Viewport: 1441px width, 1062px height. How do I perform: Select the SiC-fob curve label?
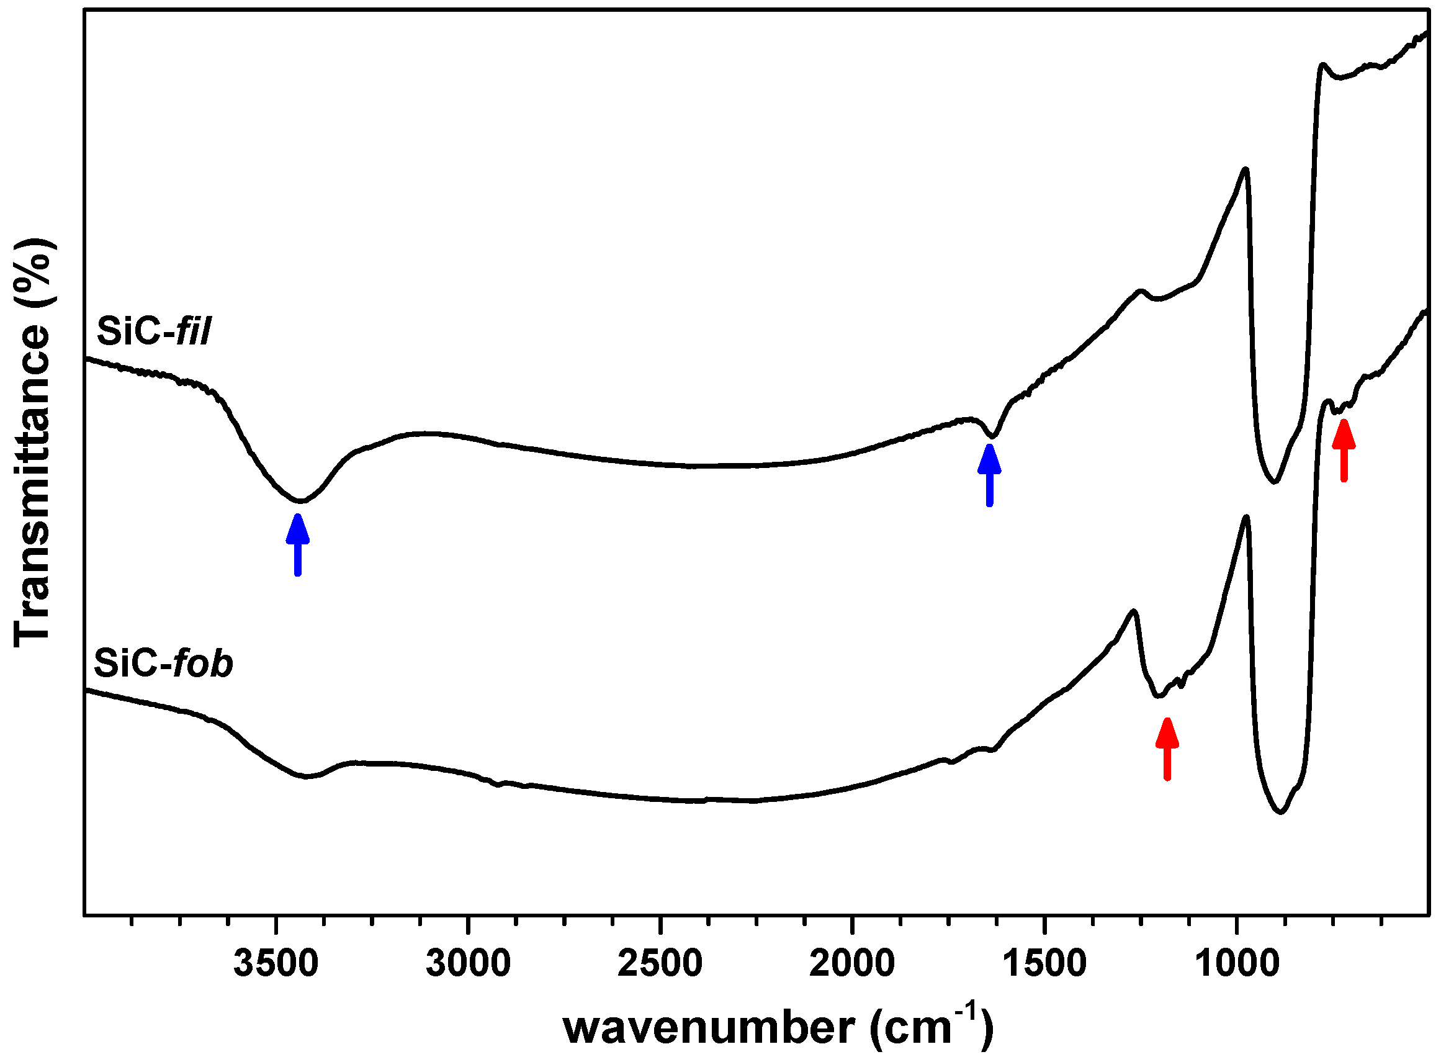(163, 663)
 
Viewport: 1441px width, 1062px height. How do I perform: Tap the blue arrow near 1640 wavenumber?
(989, 475)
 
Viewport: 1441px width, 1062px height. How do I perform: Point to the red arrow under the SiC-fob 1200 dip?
(1167, 749)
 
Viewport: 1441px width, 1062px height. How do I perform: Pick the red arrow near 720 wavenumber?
(1344, 449)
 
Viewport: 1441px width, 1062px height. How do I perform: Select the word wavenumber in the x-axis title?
(709, 1028)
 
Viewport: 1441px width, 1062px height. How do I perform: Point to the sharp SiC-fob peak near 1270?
(1133, 611)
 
